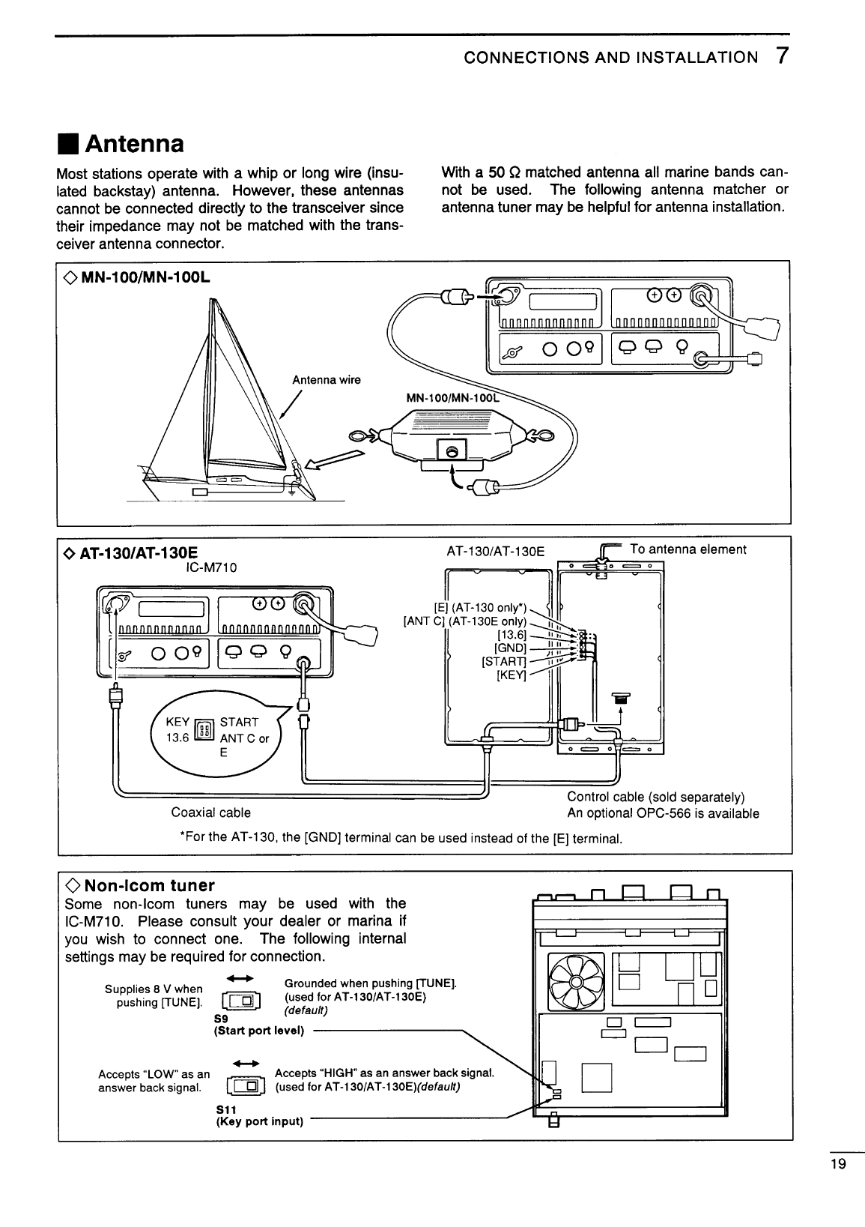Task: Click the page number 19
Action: pos(837,1164)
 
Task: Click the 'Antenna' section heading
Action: pos(135,142)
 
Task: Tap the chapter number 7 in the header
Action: pos(781,57)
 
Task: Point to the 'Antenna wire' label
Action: pos(326,380)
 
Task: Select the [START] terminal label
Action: pos(505,661)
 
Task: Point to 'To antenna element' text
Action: pos(688,549)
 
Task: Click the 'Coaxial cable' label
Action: pos(210,813)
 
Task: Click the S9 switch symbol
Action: pos(240,1002)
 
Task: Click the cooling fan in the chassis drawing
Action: pos(576,982)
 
